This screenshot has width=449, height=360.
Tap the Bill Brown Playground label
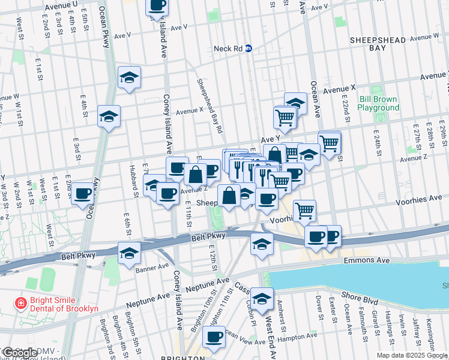coord(378,103)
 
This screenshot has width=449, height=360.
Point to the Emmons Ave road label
coord(367,261)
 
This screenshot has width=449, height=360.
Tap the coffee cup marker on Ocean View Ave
coord(214,337)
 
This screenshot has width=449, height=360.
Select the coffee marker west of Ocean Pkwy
coord(83,194)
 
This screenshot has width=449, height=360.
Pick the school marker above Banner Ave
coord(129,253)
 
